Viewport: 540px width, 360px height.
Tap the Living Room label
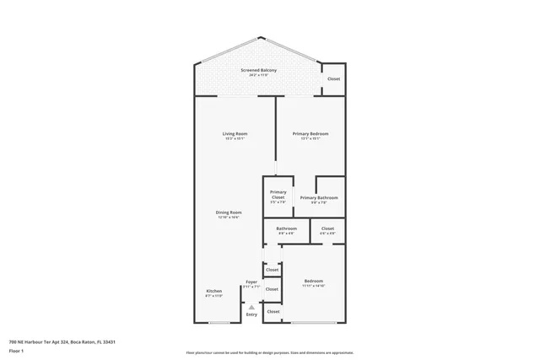pyautogui.click(x=235, y=134)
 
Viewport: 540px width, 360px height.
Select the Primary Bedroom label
pyautogui.click(x=310, y=134)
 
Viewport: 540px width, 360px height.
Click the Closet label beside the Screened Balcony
pyautogui.click(x=333, y=78)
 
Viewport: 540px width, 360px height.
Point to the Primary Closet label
pyautogui.click(x=278, y=195)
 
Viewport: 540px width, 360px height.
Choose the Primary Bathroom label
pyautogui.click(x=319, y=197)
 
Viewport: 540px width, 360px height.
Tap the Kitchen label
pyautogui.click(x=213, y=291)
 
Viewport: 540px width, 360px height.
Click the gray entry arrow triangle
pyautogui.click(x=251, y=308)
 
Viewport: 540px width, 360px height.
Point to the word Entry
pyautogui.click(x=251, y=314)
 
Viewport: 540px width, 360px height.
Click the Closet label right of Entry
pyautogui.click(x=273, y=312)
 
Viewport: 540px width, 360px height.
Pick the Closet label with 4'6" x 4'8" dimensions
pyautogui.click(x=327, y=228)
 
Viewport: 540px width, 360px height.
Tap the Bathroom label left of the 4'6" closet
pyautogui.click(x=286, y=228)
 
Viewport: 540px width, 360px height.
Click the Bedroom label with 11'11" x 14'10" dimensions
pyautogui.click(x=313, y=281)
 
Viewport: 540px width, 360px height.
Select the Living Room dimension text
pyautogui.click(x=235, y=139)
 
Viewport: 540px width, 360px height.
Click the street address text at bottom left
pyautogui.click(x=62, y=341)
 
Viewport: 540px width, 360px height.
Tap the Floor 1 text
pyautogui.click(x=17, y=350)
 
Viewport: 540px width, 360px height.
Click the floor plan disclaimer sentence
pyautogui.click(x=269, y=352)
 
